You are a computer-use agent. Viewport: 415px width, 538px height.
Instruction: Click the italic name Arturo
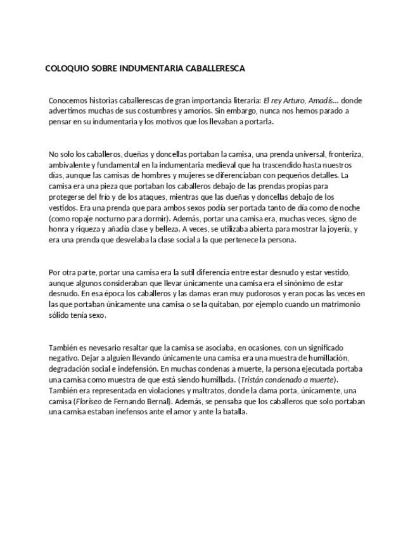(x=293, y=100)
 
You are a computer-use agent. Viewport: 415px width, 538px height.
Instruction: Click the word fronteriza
(x=345, y=154)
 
